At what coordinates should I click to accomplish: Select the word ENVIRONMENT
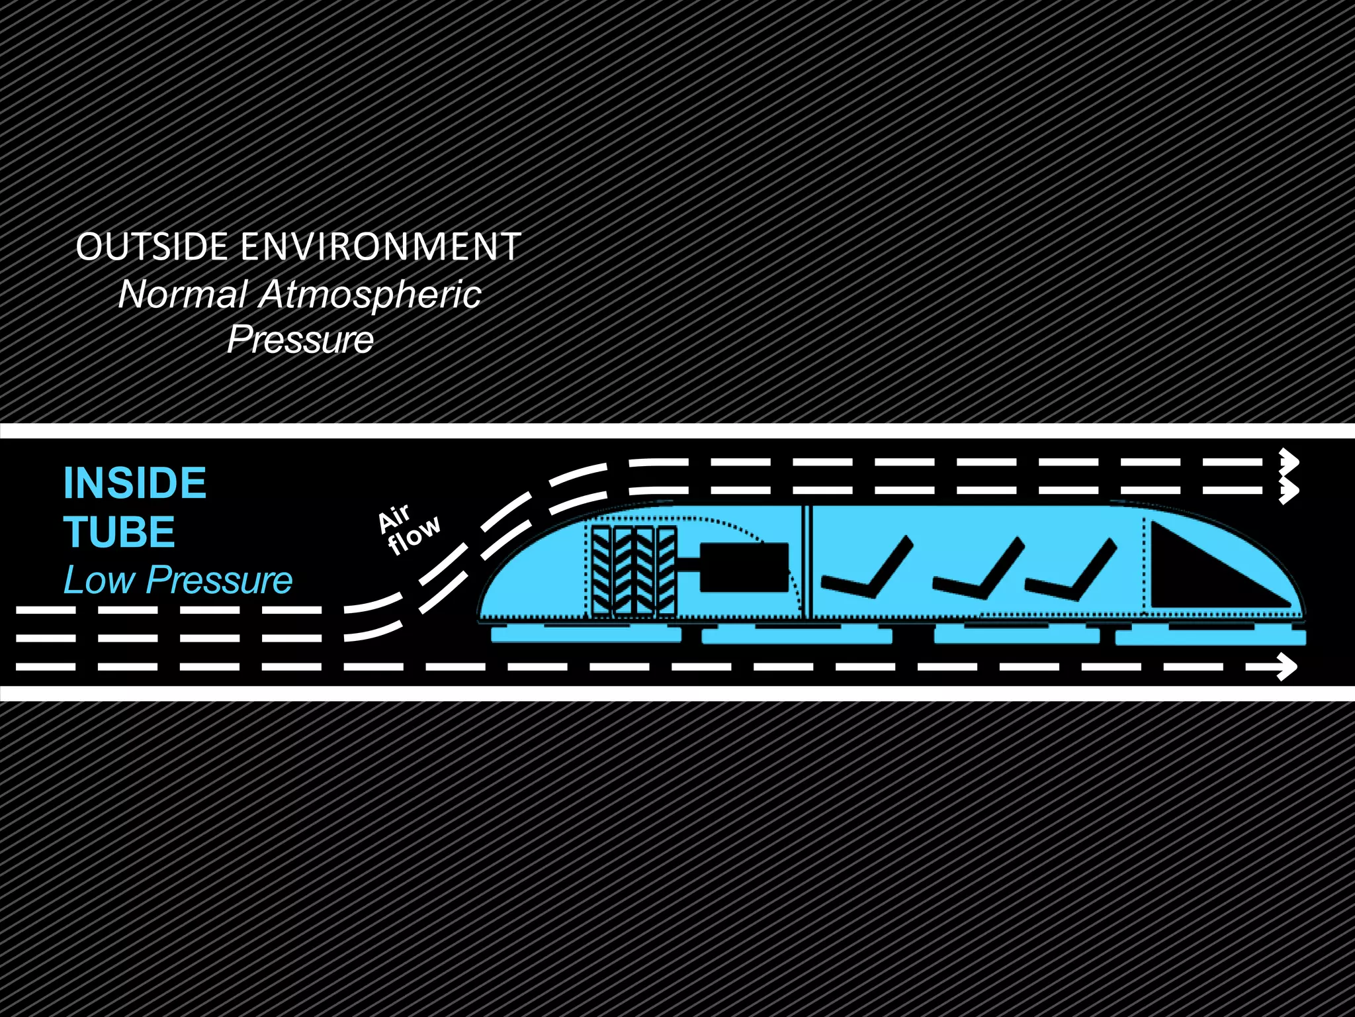[x=380, y=247]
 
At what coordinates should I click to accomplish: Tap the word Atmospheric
[x=371, y=295]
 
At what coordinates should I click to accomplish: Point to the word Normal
[x=183, y=295]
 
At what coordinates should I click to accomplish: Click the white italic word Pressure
[x=300, y=340]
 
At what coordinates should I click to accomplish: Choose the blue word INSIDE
[x=135, y=483]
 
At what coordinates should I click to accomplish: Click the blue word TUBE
[x=120, y=532]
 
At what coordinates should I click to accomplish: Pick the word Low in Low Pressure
[x=99, y=581]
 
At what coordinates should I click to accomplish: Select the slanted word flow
[x=414, y=535]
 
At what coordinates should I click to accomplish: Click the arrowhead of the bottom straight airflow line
[x=1286, y=667]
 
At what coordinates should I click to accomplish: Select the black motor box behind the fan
[x=744, y=567]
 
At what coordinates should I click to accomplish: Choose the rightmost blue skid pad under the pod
[x=1211, y=638]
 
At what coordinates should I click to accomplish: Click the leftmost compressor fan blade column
[x=602, y=571]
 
